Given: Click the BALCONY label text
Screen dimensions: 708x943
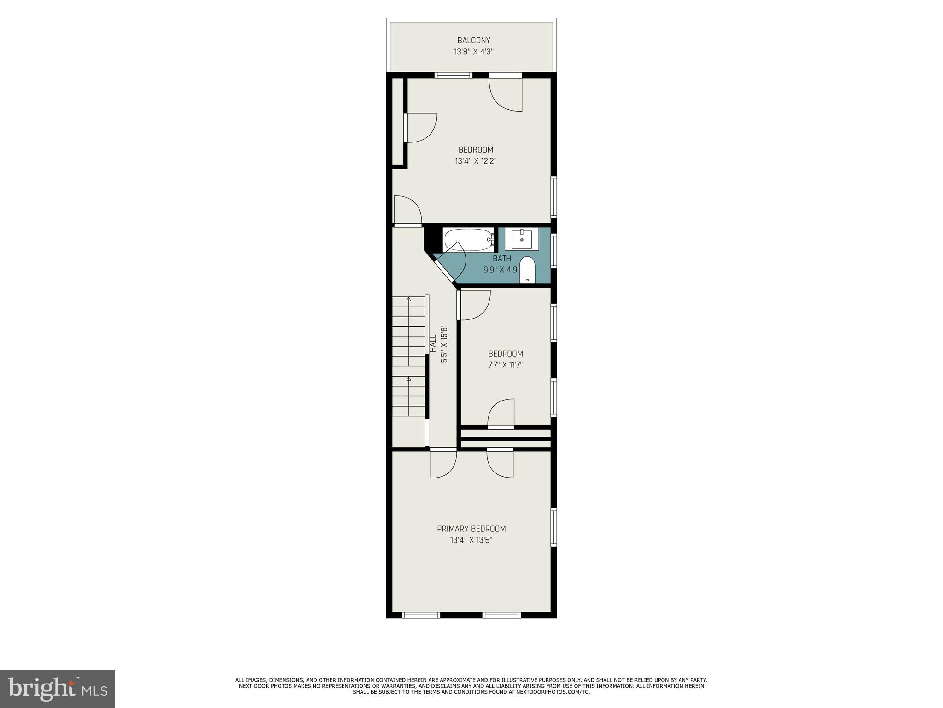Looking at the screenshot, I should tap(474, 41).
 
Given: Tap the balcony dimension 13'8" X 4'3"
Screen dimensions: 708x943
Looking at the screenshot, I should tap(474, 52).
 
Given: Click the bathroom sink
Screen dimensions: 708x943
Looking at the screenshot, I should tap(522, 239).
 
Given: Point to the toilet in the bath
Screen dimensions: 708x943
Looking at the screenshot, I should tap(527, 270).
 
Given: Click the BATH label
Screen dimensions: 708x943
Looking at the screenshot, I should tap(501, 259).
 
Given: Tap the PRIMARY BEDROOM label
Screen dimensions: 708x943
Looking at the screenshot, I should tap(471, 529).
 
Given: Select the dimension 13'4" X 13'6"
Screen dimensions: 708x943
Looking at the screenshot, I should tap(471, 540).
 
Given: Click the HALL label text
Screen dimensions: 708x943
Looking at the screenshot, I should tap(433, 344).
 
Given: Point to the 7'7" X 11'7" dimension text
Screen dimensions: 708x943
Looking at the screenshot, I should tap(506, 365).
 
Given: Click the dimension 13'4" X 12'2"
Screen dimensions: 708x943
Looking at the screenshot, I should tap(476, 161).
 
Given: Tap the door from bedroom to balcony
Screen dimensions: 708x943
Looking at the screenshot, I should tap(506, 92).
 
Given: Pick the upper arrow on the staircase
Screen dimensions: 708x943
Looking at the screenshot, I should tap(408, 300).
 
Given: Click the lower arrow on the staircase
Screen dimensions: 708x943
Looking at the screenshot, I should tap(408, 379).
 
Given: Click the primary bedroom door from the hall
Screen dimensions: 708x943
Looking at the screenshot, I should tap(443, 463).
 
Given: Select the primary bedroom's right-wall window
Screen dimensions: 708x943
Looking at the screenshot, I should tap(554, 527).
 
